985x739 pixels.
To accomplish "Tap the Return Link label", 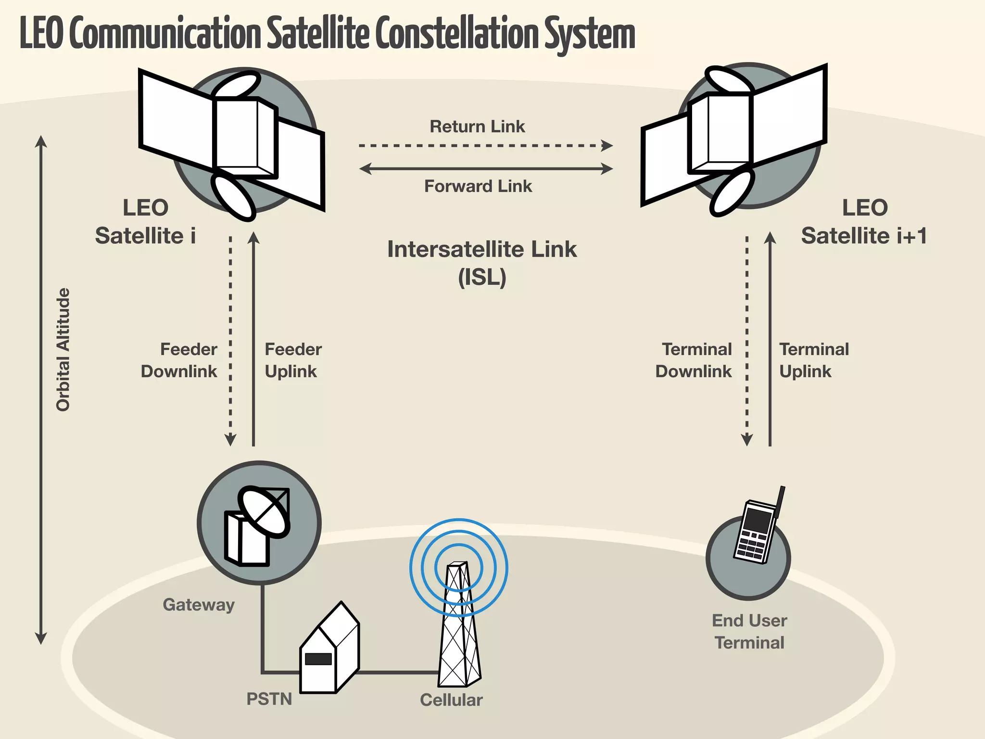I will [477, 127].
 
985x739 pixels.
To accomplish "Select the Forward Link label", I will [478, 186].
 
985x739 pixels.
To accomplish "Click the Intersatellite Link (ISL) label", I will [482, 263].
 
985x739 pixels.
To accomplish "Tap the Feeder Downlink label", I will [179, 360].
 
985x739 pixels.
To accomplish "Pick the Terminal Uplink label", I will [814, 360].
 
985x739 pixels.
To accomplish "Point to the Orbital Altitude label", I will [63, 350].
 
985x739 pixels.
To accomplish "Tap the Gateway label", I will [199, 604].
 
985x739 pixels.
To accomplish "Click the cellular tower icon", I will [459, 625].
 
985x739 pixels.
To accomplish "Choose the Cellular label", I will [451, 700].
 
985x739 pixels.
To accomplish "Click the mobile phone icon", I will [757, 529].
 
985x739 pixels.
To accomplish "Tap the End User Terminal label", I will [749, 631].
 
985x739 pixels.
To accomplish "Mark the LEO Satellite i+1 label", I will [864, 222].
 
